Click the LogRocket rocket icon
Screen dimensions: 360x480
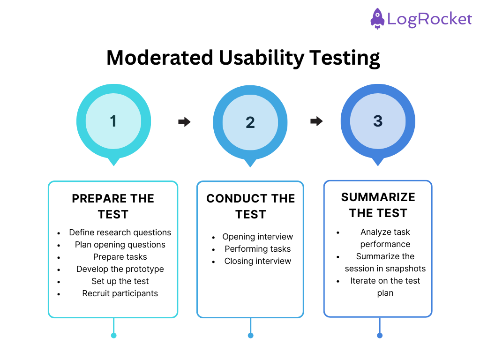pyautogui.click(x=377, y=19)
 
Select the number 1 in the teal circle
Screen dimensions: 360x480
pyautogui.click(x=113, y=121)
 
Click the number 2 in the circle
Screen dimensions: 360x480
pyautogui.click(x=250, y=122)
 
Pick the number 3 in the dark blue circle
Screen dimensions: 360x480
pyautogui.click(x=378, y=121)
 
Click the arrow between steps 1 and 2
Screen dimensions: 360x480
pyautogui.click(x=184, y=122)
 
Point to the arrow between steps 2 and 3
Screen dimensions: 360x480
pyautogui.click(x=316, y=121)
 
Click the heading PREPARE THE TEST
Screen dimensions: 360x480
pyautogui.click(x=113, y=206)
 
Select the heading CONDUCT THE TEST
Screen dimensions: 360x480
pyautogui.click(x=250, y=206)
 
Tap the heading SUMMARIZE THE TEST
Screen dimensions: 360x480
pyautogui.click(x=378, y=205)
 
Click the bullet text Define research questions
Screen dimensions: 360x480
pyautogui.click(x=120, y=232)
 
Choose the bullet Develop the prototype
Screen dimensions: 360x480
pyautogui.click(x=120, y=269)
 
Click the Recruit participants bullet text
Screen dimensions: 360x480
pyautogui.click(x=120, y=293)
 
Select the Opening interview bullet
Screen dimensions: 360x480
pyautogui.click(x=257, y=237)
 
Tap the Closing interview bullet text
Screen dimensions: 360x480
pyautogui.click(x=257, y=261)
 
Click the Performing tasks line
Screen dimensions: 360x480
pyautogui.click(x=257, y=249)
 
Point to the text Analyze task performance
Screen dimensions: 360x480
pyautogui.click(x=385, y=238)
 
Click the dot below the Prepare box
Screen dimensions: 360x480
pyautogui.click(x=113, y=335)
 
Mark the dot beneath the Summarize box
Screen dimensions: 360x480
pyautogui.click(x=380, y=335)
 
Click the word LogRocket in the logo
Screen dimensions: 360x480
pyautogui.click(x=429, y=19)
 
